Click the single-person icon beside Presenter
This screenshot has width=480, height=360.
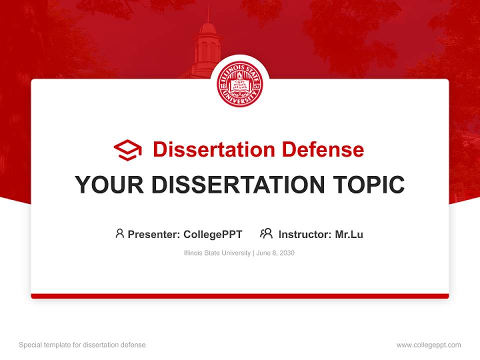pyautogui.click(x=119, y=233)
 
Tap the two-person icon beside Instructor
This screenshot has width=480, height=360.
pyautogui.click(x=266, y=233)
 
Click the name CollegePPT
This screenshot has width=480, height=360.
pyautogui.click(x=213, y=234)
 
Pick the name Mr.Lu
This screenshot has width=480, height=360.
pyautogui.click(x=349, y=234)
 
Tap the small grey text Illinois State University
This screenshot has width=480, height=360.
pyautogui.click(x=217, y=253)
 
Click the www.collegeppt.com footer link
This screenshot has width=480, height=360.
pyautogui.click(x=428, y=345)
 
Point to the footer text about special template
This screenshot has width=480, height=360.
pyautogui.click(x=82, y=345)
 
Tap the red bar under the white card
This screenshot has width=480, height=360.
pyautogui.click(x=240, y=296)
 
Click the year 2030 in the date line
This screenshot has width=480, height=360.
pyautogui.click(x=287, y=253)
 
